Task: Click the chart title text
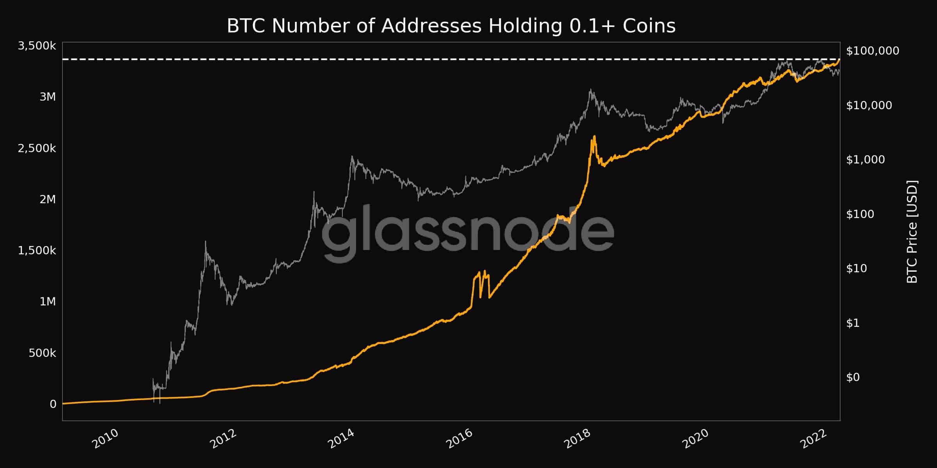(x=451, y=26)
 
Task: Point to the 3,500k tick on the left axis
(x=37, y=46)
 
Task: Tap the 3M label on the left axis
(x=48, y=97)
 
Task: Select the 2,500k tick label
(x=37, y=148)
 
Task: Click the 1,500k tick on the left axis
(x=37, y=250)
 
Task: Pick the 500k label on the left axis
(x=42, y=353)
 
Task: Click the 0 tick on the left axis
(x=53, y=404)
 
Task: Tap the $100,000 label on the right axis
(x=873, y=51)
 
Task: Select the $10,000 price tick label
(x=869, y=105)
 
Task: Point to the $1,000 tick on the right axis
(x=866, y=160)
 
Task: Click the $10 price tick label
(x=857, y=268)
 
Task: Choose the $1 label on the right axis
(x=853, y=323)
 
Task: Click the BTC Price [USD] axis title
(x=912, y=232)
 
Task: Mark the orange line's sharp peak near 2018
(x=594, y=136)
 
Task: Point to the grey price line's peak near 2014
(x=352, y=157)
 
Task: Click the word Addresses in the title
(x=431, y=26)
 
